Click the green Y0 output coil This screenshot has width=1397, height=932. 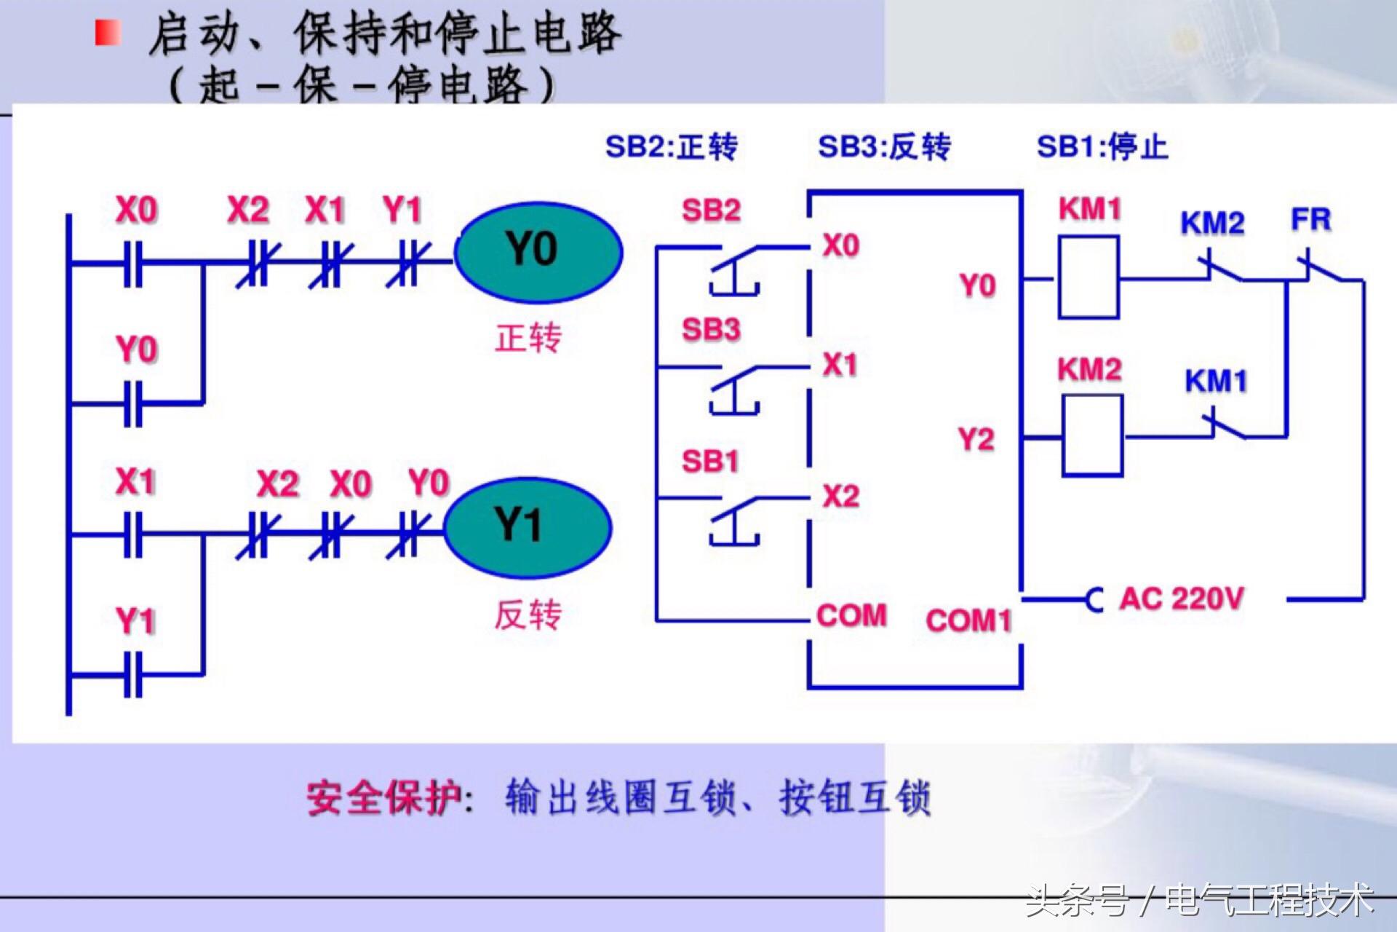pos(538,251)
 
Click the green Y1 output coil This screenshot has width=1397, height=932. pos(528,526)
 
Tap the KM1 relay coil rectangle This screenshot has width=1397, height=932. pos(1088,277)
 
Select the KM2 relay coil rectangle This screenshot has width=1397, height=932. pos(1091,435)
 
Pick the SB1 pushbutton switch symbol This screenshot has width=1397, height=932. pos(735,519)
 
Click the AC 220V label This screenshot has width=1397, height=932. pos(1182,599)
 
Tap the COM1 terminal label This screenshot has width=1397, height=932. pos(968,621)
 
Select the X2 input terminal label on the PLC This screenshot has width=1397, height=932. pos(841,497)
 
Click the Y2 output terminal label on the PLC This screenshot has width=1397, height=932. pos(976,440)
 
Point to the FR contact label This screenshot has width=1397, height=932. pos(1310,219)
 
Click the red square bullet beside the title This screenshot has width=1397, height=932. pos(108,33)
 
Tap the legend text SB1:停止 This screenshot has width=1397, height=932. pos(1102,147)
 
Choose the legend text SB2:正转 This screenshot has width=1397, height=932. pos(671,147)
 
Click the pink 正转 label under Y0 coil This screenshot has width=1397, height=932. pos(528,338)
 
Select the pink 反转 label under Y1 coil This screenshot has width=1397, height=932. pos(528,615)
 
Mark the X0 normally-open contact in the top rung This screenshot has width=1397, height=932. pos(133,263)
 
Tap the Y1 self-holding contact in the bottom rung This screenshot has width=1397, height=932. pos(133,674)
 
